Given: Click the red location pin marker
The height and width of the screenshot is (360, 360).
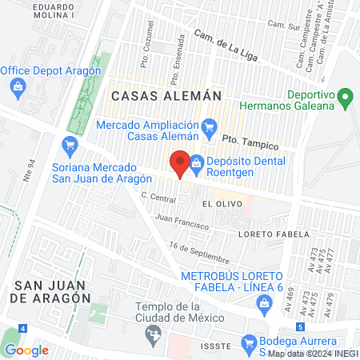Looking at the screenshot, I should pyautogui.click(x=181, y=162).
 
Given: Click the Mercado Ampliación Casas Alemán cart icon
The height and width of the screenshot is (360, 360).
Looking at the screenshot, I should pyautogui.click(x=210, y=125).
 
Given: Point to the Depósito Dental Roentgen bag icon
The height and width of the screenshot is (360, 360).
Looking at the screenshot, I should pyautogui.click(x=197, y=163).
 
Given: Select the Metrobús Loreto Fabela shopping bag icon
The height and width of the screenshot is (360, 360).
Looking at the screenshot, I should pyautogui.click(x=264, y=302).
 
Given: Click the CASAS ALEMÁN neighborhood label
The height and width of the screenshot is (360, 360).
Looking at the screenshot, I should pyautogui.click(x=166, y=95).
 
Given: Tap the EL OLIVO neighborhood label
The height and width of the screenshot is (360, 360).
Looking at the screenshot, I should pyautogui.click(x=218, y=204).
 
